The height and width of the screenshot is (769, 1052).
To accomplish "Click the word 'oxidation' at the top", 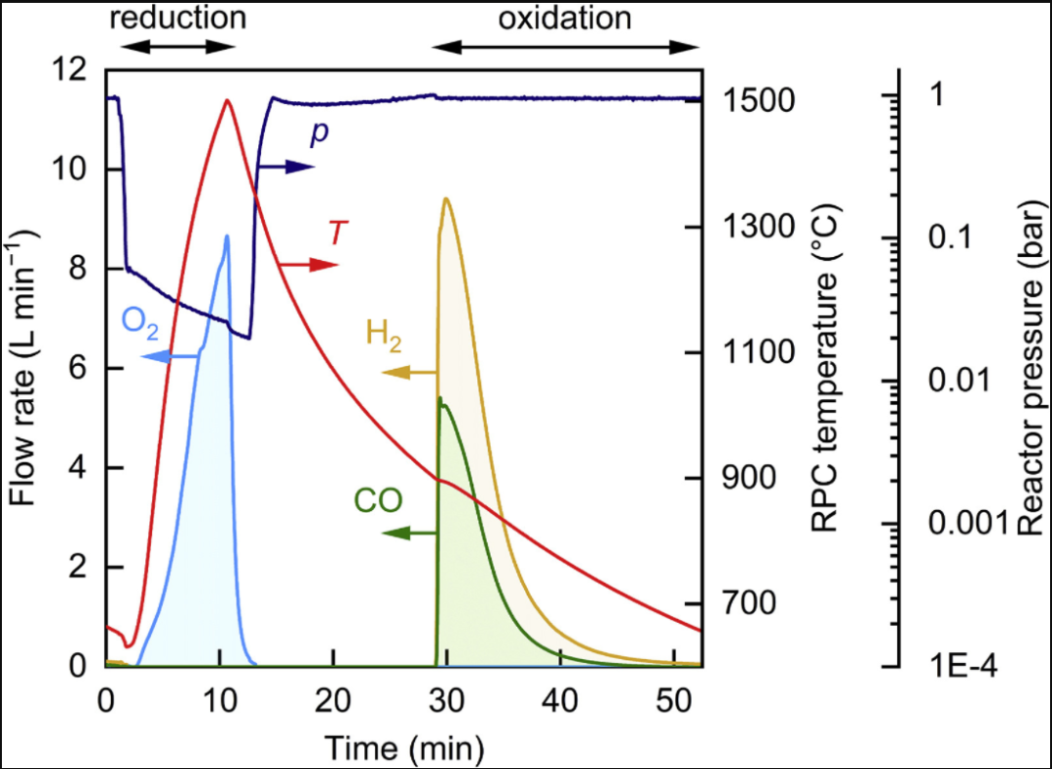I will tap(566, 18).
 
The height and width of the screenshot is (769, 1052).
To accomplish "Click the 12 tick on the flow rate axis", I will tap(76, 70).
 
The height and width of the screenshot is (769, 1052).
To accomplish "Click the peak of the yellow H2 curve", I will tap(446, 199).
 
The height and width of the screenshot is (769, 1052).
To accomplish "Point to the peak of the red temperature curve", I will tap(228, 99).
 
